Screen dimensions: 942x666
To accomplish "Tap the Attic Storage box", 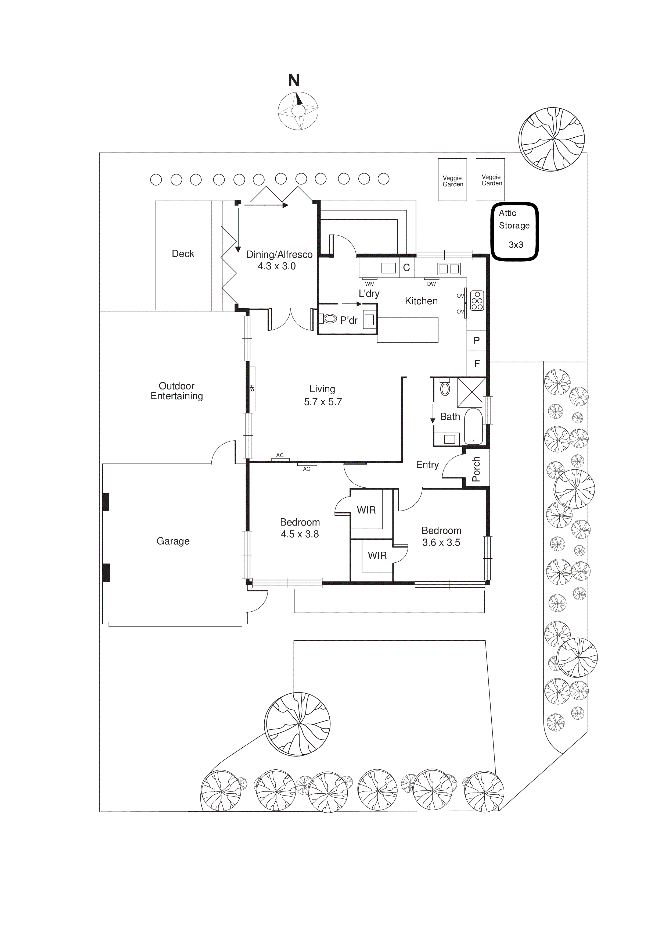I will click(515, 232).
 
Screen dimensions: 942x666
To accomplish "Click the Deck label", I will click(183, 254).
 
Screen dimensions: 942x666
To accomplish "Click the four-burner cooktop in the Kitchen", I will click(477, 301).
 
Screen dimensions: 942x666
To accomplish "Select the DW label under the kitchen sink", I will click(431, 284).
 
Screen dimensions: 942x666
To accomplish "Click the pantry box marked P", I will click(477, 341).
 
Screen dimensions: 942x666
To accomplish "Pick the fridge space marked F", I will click(477, 363).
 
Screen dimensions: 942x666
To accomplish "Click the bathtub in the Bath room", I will click(474, 427).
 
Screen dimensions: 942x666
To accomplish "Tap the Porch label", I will click(476, 469).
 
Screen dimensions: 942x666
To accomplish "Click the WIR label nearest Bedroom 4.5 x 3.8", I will click(366, 510).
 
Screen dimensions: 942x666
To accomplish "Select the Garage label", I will click(173, 541).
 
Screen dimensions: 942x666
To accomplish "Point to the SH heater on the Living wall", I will click(252, 388).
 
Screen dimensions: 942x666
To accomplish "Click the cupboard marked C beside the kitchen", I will click(406, 268).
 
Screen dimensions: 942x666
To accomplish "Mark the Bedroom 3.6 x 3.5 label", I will click(441, 536).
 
